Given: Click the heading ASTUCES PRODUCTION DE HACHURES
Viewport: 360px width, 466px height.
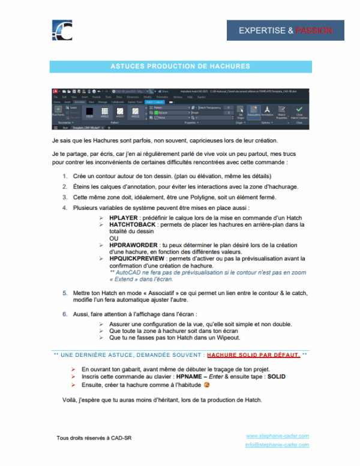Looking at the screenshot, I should coord(180,66).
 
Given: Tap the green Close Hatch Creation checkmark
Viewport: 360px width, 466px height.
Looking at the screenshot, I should coord(299,111).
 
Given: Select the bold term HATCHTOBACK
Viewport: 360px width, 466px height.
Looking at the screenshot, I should coord(133,224).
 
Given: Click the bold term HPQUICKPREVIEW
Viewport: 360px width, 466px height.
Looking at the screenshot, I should coord(139,258).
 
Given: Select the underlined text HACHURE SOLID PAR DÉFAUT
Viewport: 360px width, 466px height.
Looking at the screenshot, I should coord(253,355).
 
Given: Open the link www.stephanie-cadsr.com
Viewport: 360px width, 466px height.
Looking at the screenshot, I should coord(277,435).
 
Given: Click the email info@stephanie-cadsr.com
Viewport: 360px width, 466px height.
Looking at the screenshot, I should coord(277,445).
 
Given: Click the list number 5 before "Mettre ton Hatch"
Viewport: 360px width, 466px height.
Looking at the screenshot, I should coord(65,292).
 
